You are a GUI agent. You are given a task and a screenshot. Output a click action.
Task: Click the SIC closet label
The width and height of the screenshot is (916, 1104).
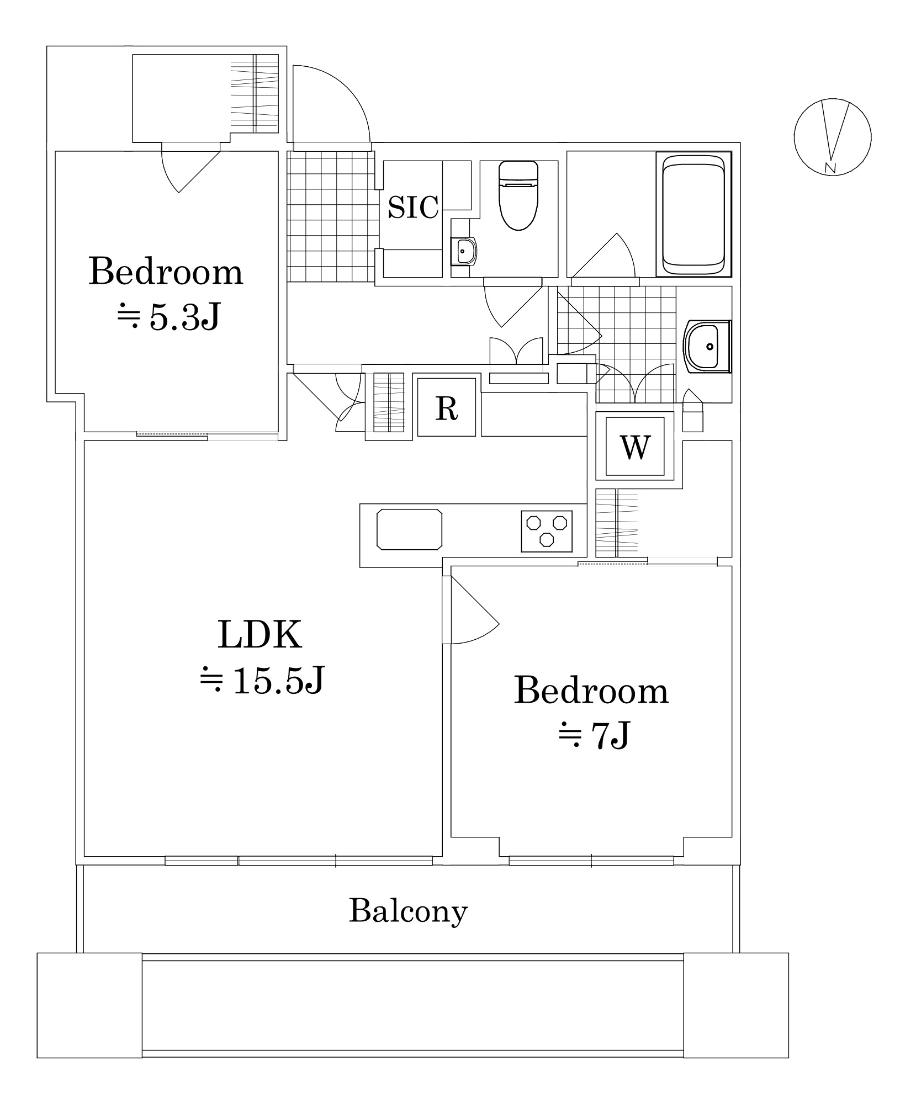coord(412,207)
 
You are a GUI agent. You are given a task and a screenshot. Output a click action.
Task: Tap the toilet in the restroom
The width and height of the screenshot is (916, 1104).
coord(518,195)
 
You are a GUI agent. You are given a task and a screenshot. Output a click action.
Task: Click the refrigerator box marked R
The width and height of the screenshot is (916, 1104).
coord(446,407)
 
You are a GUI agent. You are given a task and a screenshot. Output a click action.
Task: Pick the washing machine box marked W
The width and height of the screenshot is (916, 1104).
coord(635,447)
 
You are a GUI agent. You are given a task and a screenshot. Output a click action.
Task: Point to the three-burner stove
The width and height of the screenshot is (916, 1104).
coord(547,531)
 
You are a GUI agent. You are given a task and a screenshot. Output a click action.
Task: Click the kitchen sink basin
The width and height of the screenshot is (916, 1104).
coord(409,529)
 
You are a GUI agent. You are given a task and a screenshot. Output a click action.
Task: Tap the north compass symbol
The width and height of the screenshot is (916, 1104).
coord(832,137)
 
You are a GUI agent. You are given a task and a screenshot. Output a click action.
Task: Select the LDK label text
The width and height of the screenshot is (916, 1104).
coord(260,635)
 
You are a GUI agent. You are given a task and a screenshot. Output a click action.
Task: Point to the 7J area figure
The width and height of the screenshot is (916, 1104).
coord(594,735)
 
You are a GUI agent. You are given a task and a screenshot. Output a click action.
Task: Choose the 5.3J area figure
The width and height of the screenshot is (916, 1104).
coord(168,317)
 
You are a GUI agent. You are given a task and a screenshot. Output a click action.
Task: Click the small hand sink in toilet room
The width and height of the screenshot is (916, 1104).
coord(464,251)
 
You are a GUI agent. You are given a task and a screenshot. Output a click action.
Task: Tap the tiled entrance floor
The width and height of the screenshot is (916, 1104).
coord(331,216)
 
